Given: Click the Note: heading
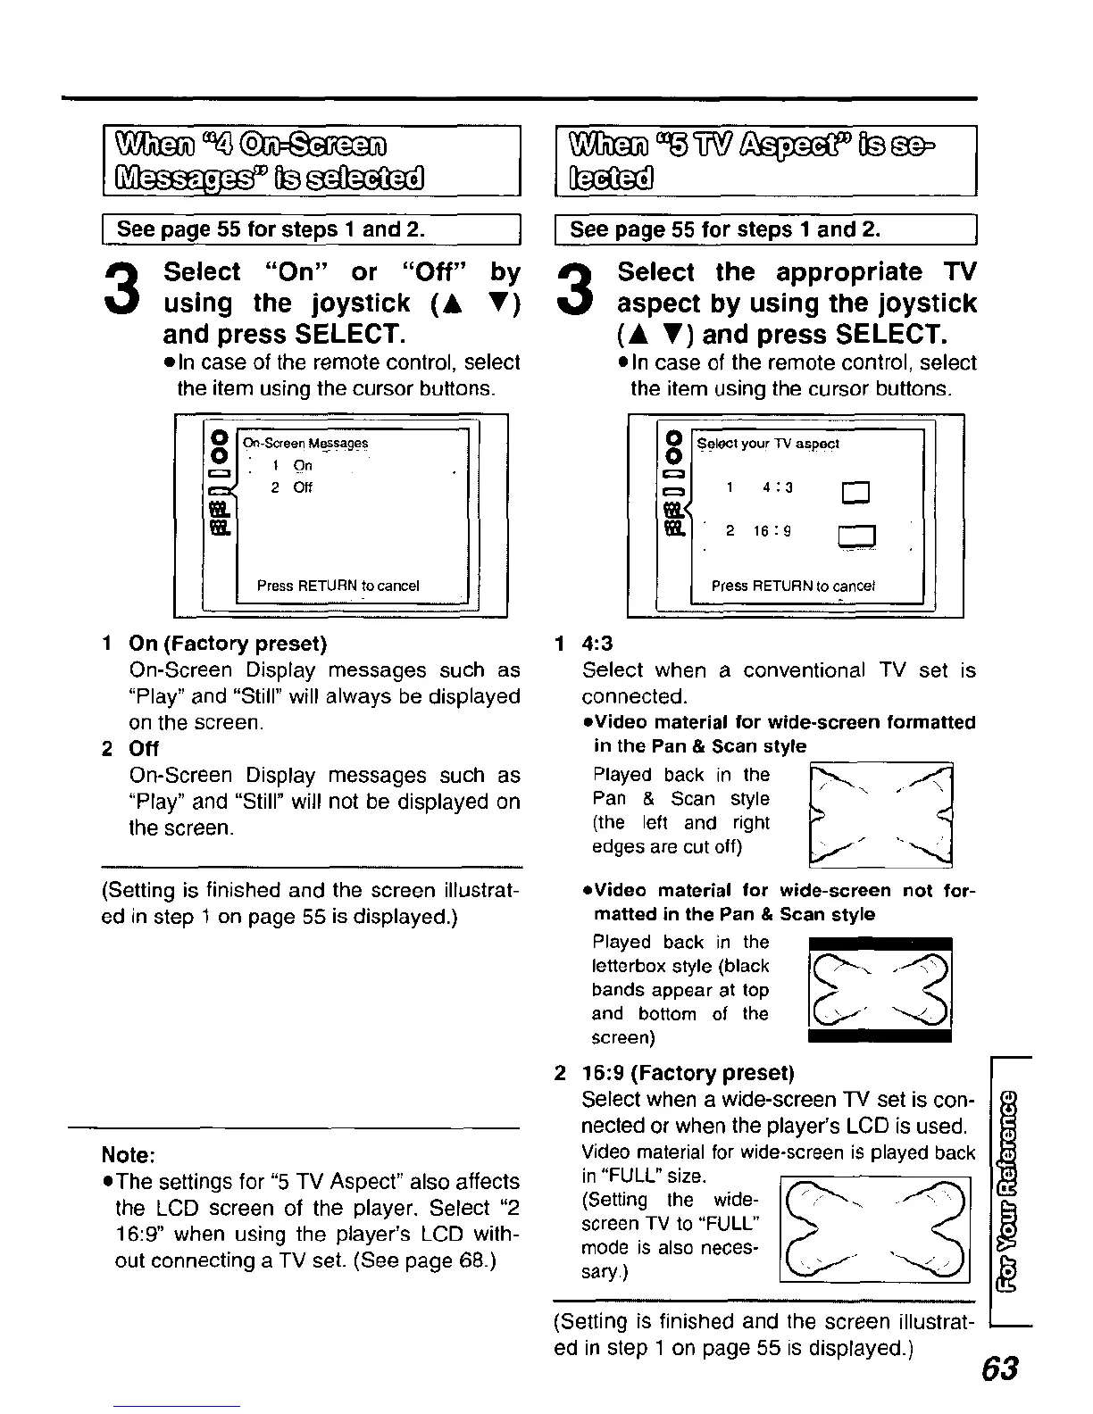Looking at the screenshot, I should click(x=130, y=1154).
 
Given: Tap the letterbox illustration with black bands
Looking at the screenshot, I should click(x=880, y=989).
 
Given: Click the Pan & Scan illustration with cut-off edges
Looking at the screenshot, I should click(x=880, y=813).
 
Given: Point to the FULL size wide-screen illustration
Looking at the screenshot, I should click(x=874, y=1230).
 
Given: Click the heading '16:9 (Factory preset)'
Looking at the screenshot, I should click(x=687, y=1072).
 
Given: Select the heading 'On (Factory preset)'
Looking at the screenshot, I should click(x=228, y=644).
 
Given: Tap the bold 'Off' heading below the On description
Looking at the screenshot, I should click(x=144, y=748).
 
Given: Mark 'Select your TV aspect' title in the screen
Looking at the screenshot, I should click(x=768, y=444).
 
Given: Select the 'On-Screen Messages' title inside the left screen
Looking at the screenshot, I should click(x=305, y=444).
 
